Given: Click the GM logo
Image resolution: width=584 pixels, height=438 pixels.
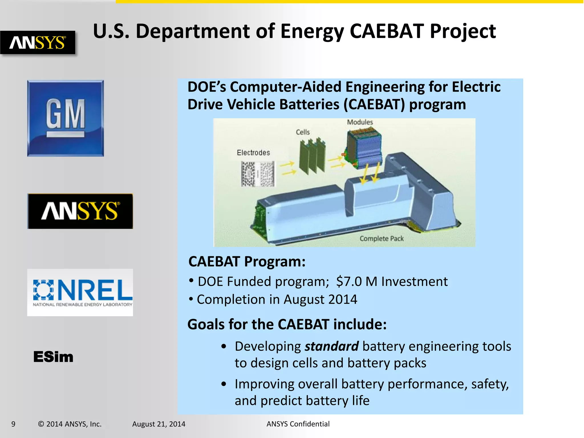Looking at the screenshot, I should point(65,118).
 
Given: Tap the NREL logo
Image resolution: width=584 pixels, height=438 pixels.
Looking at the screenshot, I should point(80,292).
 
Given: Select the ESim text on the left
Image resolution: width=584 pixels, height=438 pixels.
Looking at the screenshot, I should point(53,357).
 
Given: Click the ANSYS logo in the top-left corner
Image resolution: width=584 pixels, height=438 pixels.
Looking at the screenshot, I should point(38,42).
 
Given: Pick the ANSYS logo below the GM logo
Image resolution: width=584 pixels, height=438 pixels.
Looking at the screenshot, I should point(80,211).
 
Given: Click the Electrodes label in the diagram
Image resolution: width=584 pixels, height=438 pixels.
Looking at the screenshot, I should point(253,153).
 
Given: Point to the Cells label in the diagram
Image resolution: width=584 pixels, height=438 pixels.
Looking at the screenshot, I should point(303,132).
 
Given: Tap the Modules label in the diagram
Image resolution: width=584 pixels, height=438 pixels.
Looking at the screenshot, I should point(360,122).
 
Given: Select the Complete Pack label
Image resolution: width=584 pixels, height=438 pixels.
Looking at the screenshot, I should point(382,238).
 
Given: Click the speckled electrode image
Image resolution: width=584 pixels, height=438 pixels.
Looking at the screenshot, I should point(258,174).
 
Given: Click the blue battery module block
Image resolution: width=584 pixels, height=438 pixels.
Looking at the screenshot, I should point(363,148).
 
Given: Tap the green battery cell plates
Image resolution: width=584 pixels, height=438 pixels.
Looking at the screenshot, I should point(313,157).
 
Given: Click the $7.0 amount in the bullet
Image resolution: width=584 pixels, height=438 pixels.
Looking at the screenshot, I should point(349,281).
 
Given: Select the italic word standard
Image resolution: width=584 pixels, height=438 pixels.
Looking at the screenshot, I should point(331,346).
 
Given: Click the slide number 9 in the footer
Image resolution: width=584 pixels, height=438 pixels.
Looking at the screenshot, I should point(13,424).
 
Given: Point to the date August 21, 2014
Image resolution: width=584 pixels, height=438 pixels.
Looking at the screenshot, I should point(159,424).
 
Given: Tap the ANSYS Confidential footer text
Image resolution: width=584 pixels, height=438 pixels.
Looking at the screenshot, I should point(298,424).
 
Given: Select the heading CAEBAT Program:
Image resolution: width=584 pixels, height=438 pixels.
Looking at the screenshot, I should point(247,261).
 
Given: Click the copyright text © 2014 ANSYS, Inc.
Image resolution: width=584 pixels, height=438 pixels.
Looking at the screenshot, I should point(70,424).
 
